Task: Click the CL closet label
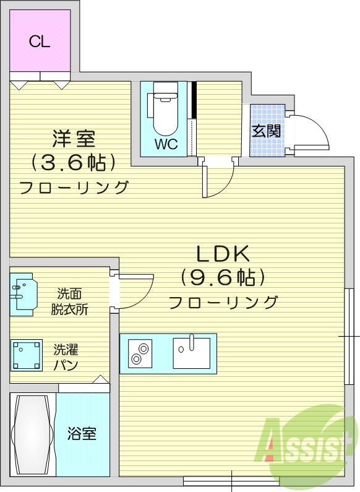pos(40,41)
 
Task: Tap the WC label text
pos(166,145)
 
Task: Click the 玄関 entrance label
pos(267,131)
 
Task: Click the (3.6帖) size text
pos(74,163)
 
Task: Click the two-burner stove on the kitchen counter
pos(140,353)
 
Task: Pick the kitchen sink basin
pos(192,353)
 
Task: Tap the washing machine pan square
pos(26,355)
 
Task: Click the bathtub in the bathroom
pos(33,434)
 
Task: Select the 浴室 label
pos(82,433)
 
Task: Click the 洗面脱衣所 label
pos(69,301)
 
